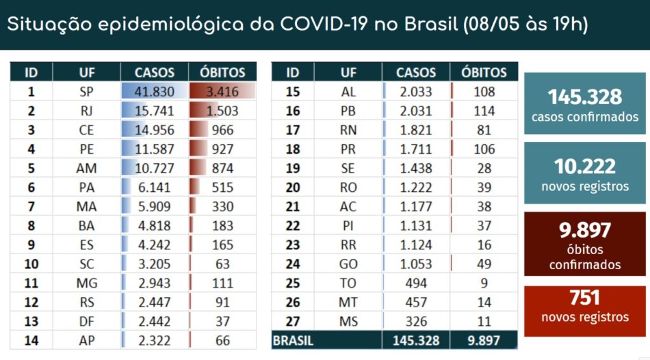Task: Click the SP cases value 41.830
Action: tap(155, 91)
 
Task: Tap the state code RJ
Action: tap(87, 110)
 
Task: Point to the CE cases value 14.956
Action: tap(155, 130)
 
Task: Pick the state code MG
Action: tap(87, 283)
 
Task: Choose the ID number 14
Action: tap(30, 341)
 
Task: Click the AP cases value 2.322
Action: tap(155, 341)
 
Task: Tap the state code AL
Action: tap(348, 91)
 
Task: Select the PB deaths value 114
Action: tap(484, 110)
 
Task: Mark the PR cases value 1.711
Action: tap(416, 150)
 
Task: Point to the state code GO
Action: tap(348, 264)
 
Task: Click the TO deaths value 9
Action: tap(484, 284)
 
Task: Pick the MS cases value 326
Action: tap(416, 322)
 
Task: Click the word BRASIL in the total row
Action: tap(293, 341)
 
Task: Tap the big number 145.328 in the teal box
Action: tap(585, 97)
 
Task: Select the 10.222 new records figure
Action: tap(585, 166)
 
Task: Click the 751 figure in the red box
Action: tap(585, 298)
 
